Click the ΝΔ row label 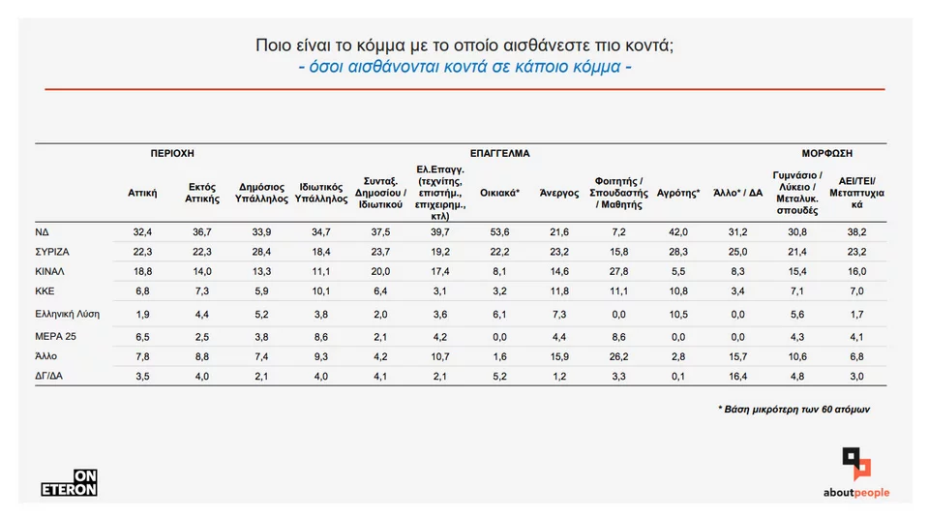click(43, 233)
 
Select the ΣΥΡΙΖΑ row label click(52, 251)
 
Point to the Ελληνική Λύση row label click(68, 314)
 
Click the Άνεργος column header click(558, 193)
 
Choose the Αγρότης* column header click(678, 193)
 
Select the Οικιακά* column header click(500, 193)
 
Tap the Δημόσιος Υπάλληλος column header click(262, 193)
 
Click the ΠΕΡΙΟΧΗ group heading click(173, 153)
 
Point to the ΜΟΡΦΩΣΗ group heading click(826, 153)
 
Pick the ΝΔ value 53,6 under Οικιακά click(500, 233)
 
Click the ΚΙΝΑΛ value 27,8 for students click(618, 271)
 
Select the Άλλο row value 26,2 click(618, 357)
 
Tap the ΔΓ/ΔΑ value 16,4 click(737, 376)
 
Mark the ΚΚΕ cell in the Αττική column click(143, 290)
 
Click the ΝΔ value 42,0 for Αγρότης click(678, 233)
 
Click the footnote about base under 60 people click(794, 410)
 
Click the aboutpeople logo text click(856, 493)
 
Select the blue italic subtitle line click(464, 68)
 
